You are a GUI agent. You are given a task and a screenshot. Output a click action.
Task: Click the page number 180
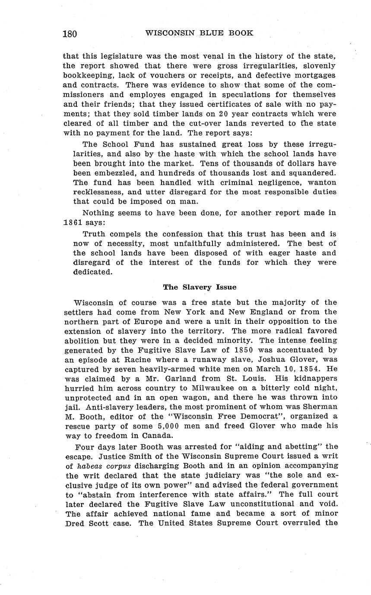tap(70, 34)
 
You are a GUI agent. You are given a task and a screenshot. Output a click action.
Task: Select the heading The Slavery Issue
tap(200, 287)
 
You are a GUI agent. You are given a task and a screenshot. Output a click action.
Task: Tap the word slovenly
tap(318, 66)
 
